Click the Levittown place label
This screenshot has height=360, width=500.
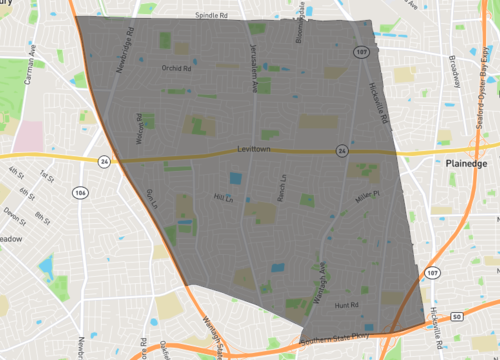(255, 149)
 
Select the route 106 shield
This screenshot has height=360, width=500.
(79, 191)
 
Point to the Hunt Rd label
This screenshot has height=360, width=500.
(347, 296)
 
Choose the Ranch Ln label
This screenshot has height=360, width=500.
(283, 187)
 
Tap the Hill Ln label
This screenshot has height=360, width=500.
(223, 199)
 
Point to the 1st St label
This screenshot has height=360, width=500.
(46, 177)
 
